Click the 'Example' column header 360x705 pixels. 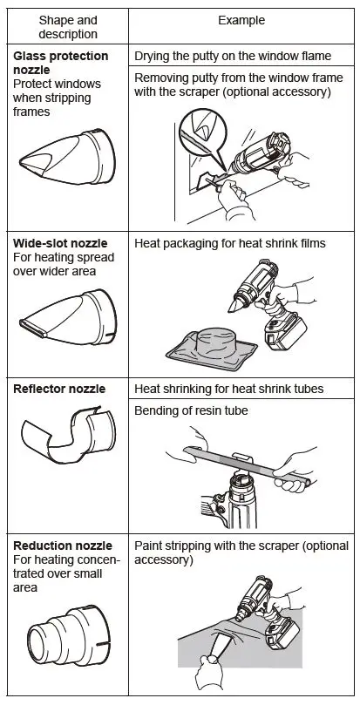pyautogui.click(x=242, y=20)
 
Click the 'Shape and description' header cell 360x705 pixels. pyautogui.click(x=68, y=27)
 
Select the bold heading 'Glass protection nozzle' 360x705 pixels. pyautogui.click(x=61, y=63)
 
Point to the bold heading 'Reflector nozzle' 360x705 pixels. pyautogui.click(x=58, y=388)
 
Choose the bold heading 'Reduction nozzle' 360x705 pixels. pyautogui.click(x=58, y=546)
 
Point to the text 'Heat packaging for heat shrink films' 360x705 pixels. pyautogui.click(x=230, y=243)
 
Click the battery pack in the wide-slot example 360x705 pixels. pyautogui.click(x=286, y=332)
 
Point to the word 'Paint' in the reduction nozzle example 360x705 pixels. pyautogui.click(x=149, y=546)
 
